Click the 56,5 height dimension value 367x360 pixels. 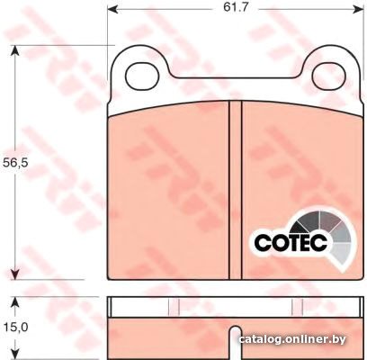click(15, 163)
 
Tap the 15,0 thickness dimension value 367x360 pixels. click(15, 327)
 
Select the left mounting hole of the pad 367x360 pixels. click(142, 76)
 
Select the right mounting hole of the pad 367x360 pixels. click(329, 76)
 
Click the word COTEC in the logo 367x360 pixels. click(291, 242)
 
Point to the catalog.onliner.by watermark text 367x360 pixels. click(292, 339)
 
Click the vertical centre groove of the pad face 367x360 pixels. click(235, 190)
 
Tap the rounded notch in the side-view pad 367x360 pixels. click(235, 342)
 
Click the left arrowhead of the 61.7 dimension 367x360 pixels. click(112, 10)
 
